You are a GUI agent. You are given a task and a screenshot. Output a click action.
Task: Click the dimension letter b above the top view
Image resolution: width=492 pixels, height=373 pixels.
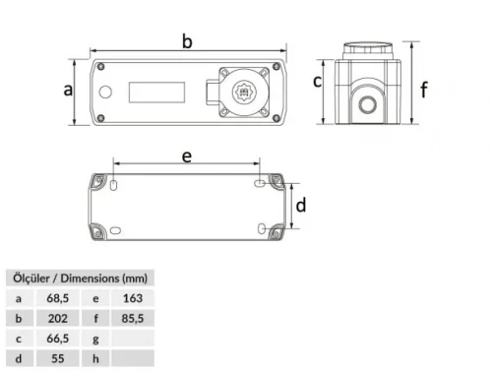click(187, 39)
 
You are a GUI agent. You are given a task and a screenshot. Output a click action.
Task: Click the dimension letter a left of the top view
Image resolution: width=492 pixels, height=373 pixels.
click(67, 90)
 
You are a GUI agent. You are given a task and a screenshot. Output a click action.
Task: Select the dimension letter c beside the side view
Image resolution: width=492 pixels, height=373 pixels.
click(317, 81)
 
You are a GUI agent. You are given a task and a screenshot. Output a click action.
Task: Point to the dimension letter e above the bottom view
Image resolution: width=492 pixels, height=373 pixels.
click(186, 155)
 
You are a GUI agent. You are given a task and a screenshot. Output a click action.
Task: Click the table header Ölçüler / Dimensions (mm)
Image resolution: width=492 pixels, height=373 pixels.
click(78, 277)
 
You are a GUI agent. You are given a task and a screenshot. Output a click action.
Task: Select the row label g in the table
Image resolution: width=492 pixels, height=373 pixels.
click(95, 339)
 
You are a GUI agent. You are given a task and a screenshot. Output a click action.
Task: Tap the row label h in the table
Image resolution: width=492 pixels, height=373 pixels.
click(95, 359)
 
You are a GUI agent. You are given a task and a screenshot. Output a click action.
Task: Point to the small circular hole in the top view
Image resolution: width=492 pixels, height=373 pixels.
click(105, 93)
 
